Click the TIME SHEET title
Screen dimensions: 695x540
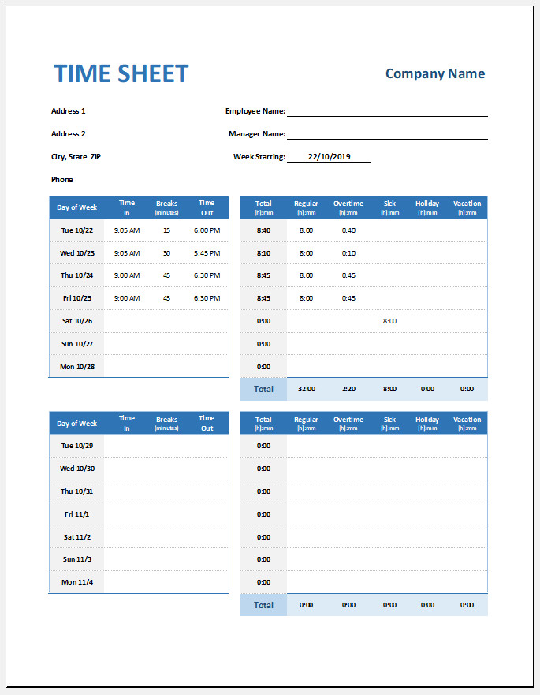pos(121,74)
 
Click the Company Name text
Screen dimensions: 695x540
pos(435,74)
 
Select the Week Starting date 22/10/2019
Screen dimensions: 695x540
pos(329,157)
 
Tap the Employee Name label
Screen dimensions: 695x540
pos(255,111)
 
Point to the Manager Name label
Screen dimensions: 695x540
pos(256,134)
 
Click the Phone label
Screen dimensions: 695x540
pos(61,180)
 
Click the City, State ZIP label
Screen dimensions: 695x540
pos(76,157)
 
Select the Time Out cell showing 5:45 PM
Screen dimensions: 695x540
pos(207,253)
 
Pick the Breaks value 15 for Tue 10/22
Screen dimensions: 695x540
pos(166,230)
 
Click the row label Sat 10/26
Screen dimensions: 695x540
pos(77,321)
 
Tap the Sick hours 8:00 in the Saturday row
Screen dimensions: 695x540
pos(389,321)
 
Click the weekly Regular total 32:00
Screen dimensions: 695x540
pos(307,389)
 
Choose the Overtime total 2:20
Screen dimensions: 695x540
pos(348,389)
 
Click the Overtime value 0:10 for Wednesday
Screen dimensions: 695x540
pos(348,253)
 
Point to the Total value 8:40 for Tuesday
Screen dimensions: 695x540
pos(263,230)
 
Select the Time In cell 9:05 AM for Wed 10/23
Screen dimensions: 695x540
pos(126,253)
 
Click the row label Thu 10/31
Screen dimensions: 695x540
pos(77,491)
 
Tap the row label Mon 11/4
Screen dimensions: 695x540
pos(77,582)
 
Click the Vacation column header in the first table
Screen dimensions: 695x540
pos(467,207)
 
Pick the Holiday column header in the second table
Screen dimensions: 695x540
pos(427,423)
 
